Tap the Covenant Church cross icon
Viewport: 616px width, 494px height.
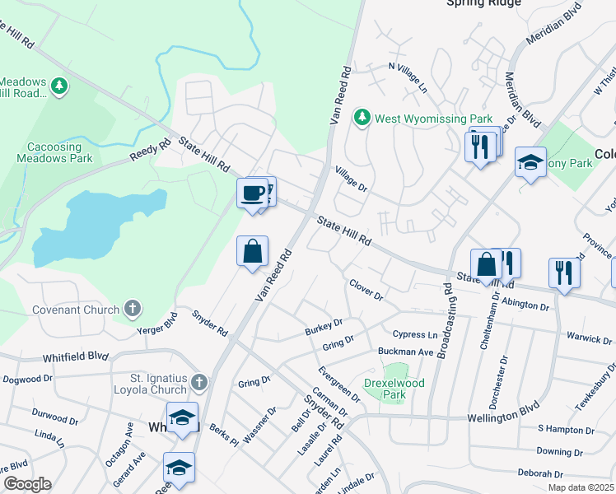(133, 310)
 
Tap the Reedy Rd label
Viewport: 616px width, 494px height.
(149, 150)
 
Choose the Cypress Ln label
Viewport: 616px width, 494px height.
(415, 335)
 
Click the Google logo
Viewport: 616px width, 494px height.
(26, 484)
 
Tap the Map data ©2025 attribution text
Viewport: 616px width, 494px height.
(581, 487)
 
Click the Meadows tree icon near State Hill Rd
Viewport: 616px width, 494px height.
(58, 85)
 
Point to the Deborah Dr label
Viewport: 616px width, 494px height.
(539, 473)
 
